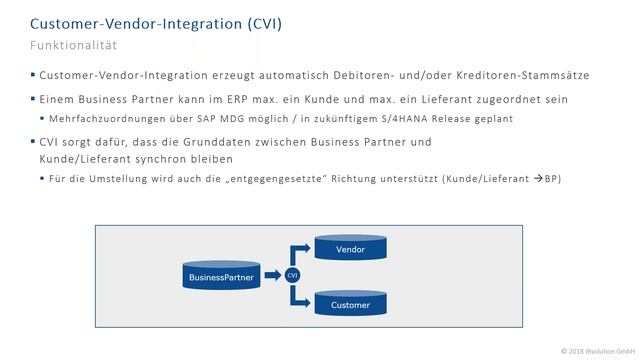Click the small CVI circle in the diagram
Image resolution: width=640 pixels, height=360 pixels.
(292, 275)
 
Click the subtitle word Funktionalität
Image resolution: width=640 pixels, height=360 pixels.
(74, 46)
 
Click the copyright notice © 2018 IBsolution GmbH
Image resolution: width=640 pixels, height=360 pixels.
(597, 351)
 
